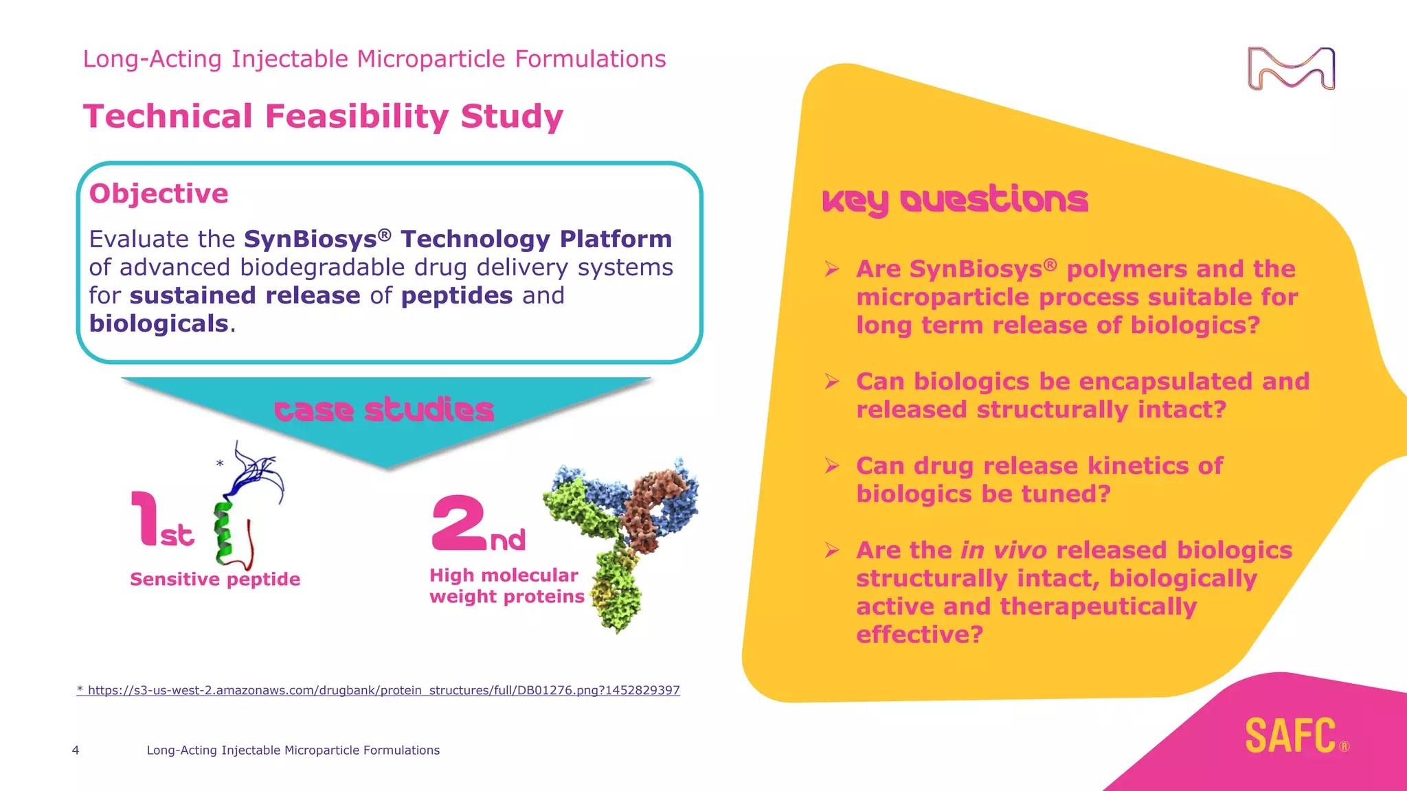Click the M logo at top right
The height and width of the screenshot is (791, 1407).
coord(1291,69)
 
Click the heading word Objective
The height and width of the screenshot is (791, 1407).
coord(159,194)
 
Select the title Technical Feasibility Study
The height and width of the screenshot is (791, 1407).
coord(323,116)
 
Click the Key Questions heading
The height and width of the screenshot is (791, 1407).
coord(955,200)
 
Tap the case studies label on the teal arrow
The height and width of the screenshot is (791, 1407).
coord(384,410)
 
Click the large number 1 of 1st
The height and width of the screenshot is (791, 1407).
coord(146,518)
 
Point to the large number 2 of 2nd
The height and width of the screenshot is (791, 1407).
coord(459,523)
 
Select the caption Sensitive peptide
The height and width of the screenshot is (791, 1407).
coord(215,580)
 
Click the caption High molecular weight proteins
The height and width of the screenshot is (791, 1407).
coord(506,586)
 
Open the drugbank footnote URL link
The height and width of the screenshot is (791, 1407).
coord(379,690)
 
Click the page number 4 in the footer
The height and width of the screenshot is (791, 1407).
coord(76,750)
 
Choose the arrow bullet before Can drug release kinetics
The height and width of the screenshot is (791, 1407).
coord(832,466)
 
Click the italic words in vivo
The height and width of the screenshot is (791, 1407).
coord(1003,550)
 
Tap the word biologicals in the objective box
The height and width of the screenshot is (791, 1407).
coord(159,323)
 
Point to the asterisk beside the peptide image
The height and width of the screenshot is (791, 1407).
coord(220,464)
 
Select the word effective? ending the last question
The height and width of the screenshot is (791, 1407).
coord(919,634)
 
